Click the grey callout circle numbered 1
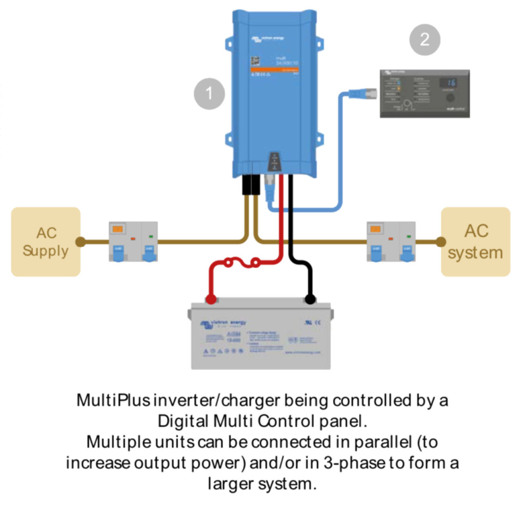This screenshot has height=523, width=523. tap(209, 93)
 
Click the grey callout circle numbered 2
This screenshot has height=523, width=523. tap(424, 39)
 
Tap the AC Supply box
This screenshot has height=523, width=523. tap(45, 242)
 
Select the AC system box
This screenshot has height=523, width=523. tap(476, 242)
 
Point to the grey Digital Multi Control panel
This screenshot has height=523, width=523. tap(424, 93)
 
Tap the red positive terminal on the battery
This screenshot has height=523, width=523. tap(210, 299)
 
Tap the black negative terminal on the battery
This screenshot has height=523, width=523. tap(310, 299)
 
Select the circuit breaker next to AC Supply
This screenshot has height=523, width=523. tap(133, 242)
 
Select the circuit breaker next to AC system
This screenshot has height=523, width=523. tap(391, 242)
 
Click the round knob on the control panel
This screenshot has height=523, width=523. tap(450, 98)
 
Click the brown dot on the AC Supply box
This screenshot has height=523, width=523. tap(80, 242)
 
